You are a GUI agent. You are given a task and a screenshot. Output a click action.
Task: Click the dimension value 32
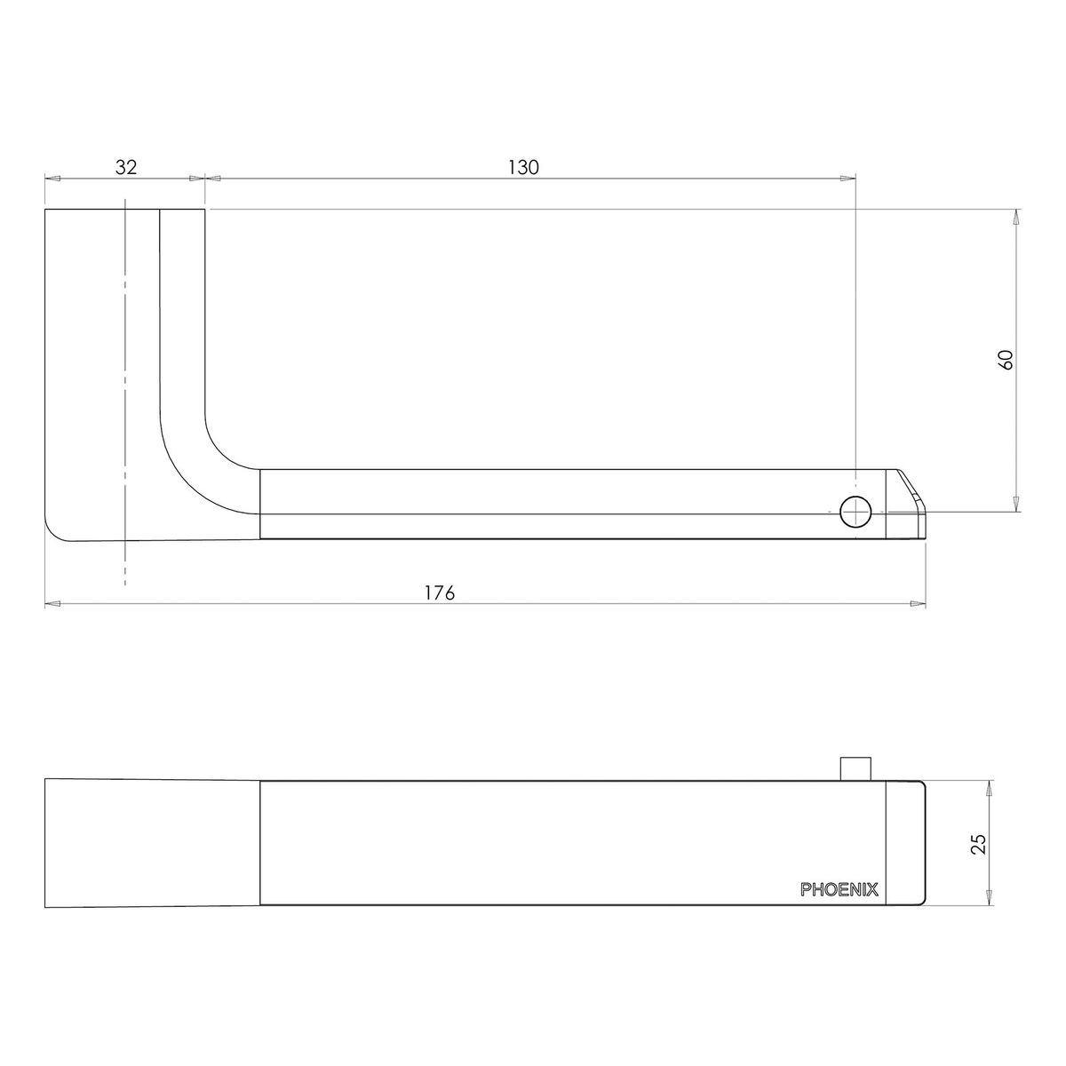pyautogui.click(x=125, y=167)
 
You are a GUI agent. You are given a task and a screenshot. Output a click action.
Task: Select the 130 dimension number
pyautogui.click(x=522, y=167)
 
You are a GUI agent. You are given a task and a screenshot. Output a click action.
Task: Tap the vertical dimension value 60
pyautogui.click(x=1006, y=360)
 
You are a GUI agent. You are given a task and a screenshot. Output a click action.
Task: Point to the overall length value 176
pyautogui.click(x=440, y=593)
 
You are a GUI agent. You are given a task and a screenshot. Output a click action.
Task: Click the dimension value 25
pyautogui.click(x=979, y=844)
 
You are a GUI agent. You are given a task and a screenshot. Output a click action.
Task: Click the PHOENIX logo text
pyautogui.click(x=839, y=889)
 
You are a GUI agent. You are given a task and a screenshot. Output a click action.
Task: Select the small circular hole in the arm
pyautogui.click(x=855, y=513)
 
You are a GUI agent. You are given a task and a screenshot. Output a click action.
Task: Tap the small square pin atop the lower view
pyautogui.click(x=855, y=768)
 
